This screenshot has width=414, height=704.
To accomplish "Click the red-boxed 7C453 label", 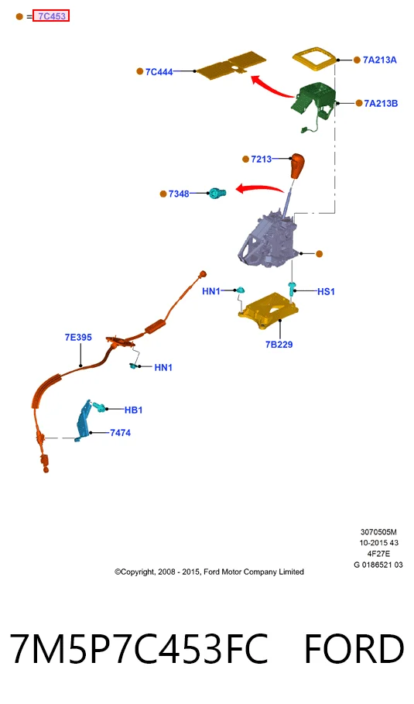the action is tap(51, 16).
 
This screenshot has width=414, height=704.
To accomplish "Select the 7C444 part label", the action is tap(159, 72).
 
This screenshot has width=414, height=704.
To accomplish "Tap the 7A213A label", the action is tap(380, 60).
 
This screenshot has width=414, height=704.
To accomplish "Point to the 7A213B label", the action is tap(381, 103).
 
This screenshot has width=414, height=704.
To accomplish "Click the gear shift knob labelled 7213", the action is tap(297, 166).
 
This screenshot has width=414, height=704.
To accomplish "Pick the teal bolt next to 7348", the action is tap(217, 193).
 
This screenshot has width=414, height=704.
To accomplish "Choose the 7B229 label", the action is tap(279, 345).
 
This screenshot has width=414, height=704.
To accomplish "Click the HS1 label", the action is tap(326, 291).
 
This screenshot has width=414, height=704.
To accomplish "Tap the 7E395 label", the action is tap(78, 337).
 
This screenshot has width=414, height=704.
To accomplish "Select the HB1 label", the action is tap(133, 410).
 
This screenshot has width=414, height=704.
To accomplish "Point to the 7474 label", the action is tap(120, 433).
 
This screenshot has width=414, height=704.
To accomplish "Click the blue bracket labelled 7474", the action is tap(84, 421).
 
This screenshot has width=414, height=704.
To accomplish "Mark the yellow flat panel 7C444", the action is tap(231, 66).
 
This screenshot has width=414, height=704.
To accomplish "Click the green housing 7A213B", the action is tap(314, 101).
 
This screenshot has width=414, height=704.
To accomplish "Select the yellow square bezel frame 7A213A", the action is tap(315, 59).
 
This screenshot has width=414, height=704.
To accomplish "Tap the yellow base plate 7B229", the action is tap(269, 311).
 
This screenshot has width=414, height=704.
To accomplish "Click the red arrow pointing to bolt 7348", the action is tap(259, 188).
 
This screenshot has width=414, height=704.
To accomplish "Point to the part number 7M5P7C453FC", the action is tap(139, 648).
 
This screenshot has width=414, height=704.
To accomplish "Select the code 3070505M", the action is tap(378, 532).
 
